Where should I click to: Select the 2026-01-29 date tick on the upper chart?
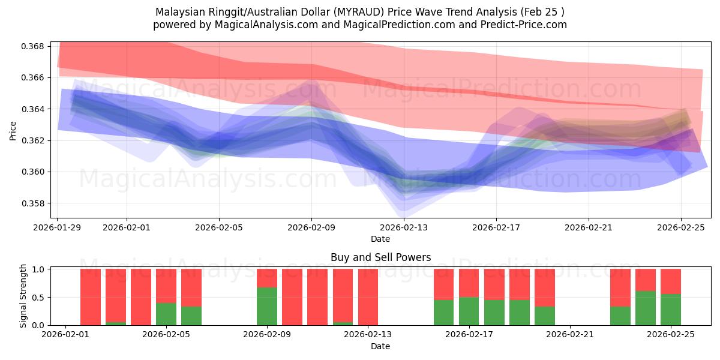point(58,227)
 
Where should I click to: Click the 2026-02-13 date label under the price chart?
point(404,227)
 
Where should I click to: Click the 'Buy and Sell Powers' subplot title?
point(380,257)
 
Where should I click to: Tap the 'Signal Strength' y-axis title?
point(23,296)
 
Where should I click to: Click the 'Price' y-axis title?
point(13,130)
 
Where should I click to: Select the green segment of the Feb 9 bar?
point(267,306)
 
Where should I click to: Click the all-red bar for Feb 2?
point(91,297)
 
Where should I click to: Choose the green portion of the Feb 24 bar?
point(646,308)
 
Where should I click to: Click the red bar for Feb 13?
point(368,297)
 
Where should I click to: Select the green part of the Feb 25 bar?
point(671,310)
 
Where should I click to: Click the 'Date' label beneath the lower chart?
point(380,346)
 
